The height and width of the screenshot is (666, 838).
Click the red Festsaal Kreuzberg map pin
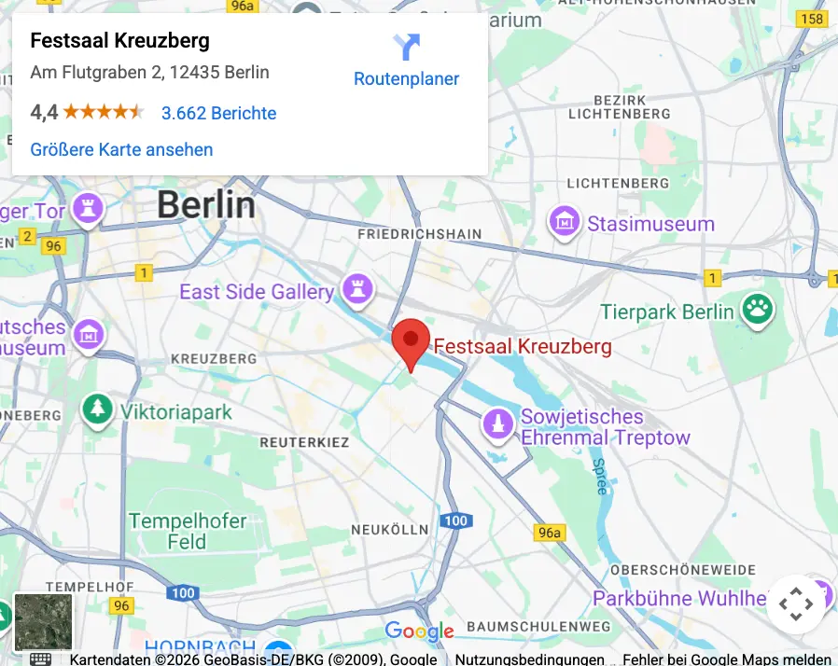coord(410,340)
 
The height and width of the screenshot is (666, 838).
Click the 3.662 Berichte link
coord(218,113)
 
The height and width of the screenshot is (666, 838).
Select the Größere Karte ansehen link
coord(121,149)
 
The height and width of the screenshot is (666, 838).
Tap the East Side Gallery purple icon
coord(356,290)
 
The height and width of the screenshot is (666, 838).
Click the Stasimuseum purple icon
coord(565,223)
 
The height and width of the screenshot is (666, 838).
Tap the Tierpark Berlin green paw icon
coord(758,311)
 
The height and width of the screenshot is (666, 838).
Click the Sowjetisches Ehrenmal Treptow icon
coord(498,425)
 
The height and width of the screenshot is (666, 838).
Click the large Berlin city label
coord(205,204)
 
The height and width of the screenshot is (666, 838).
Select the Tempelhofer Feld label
coord(188,531)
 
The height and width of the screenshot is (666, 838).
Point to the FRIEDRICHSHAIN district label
coord(420,234)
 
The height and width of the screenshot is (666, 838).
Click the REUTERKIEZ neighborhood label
coord(304,441)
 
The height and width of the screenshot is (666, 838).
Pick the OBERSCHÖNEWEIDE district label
coord(682,569)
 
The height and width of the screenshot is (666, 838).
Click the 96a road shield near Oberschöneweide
coord(550,533)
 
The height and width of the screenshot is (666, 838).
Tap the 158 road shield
coord(813,19)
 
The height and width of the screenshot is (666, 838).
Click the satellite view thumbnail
coord(43,622)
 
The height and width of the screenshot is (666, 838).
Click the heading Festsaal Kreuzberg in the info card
coord(119,41)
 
